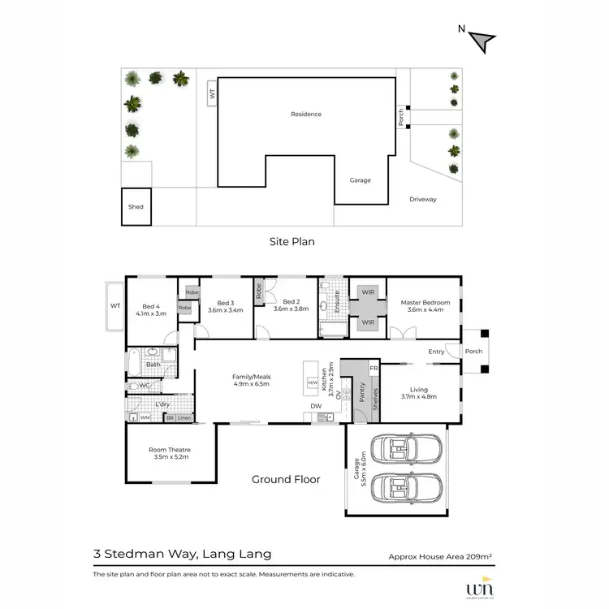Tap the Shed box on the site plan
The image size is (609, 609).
pyautogui.click(x=136, y=206)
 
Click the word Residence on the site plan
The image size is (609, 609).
pyautogui.click(x=306, y=114)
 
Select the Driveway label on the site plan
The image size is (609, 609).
pyautogui.click(x=422, y=198)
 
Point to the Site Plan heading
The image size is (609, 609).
pyautogui.click(x=292, y=241)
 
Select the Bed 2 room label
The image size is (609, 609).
pyautogui.click(x=292, y=302)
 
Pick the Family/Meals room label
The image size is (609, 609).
pyautogui.click(x=250, y=380)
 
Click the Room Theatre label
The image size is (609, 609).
pyautogui.click(x=169, y=453)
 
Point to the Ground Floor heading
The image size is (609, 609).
pyautogui.click(x=286, y=479)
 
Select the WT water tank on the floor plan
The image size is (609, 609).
pyautogui.click(x=114, y=306)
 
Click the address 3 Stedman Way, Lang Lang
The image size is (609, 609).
pyautogui.click(x=182, y=555)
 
